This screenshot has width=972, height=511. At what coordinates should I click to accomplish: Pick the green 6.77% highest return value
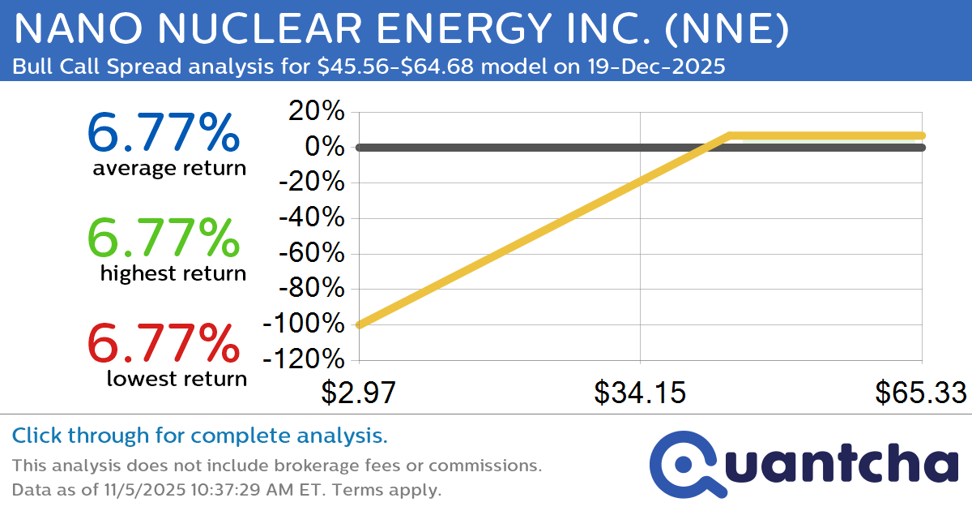click(163, 238)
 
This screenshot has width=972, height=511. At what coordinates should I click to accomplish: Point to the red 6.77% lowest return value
click(163, 343)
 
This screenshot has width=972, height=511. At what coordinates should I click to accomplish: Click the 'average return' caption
click(168, 168)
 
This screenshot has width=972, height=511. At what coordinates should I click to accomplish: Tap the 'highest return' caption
click(173, 273)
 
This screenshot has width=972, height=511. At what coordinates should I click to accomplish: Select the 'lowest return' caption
click(177, 378)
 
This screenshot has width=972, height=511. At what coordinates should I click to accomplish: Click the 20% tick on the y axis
click(318, 113)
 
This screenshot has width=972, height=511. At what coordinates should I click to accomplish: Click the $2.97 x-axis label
click(357, 393)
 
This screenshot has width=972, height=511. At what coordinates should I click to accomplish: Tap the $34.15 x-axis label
click(640, 393)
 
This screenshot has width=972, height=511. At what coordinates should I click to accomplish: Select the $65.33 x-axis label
click(920, 393)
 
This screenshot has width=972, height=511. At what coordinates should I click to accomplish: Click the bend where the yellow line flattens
click(730, 135)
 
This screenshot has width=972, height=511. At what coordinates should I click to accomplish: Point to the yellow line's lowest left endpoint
click(359, 324)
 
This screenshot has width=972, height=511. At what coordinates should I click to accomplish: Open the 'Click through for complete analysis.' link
click(200, 436)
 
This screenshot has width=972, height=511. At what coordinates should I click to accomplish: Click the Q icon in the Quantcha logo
click(682, 465)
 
